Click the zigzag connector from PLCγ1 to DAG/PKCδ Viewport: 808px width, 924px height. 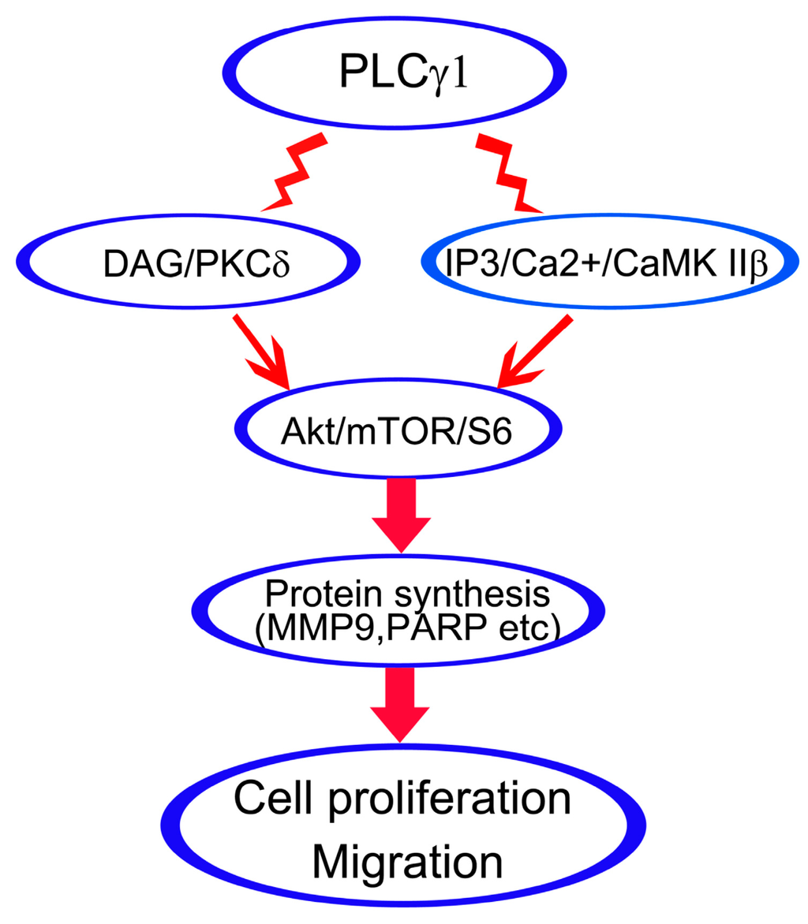pyautogui.click(x=291, y=173)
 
